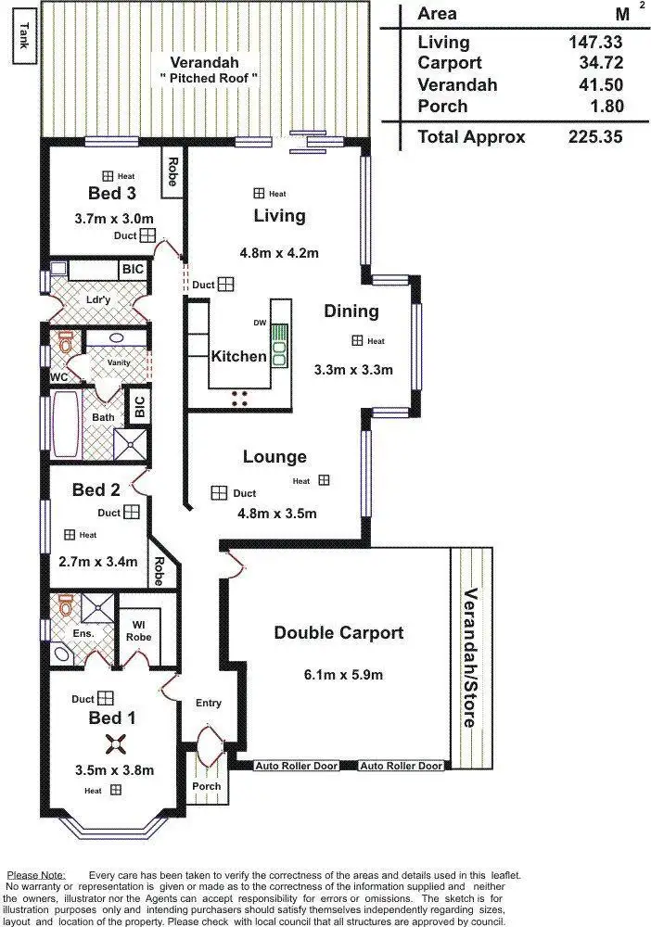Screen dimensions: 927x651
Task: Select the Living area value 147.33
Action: [x=594, y=42]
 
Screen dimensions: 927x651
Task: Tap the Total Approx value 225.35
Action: [x=594, y=137]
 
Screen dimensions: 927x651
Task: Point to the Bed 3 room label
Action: [x=105, y=193]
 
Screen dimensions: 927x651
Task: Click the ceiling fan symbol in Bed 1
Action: [x=116, y=742]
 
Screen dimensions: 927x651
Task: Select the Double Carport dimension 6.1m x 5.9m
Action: [x=338, y=675]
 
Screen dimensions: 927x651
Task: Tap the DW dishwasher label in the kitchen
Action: [x=260, y=323]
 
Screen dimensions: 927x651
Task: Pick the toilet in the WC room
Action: [x=65, y=342]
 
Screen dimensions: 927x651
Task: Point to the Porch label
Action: [x=206, y=786]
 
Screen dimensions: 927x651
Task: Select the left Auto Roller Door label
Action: [x=296, y=767]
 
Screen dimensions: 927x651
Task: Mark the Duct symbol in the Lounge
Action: [x=219, y=493]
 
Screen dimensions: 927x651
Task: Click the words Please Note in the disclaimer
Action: [x=35, y=875]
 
